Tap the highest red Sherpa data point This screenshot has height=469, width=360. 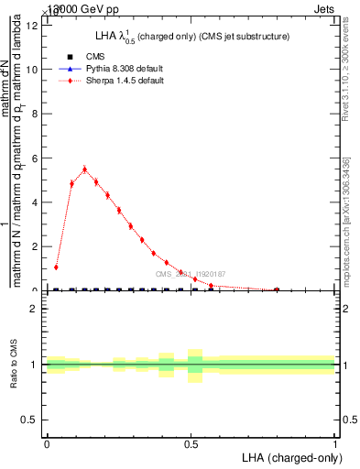coord(84,169)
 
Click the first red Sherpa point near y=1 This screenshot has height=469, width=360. coord(56,267)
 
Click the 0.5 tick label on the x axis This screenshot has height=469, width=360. coord(191,443)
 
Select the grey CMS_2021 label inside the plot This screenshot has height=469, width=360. coord(190,274)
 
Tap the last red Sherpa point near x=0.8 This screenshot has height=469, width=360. coord(277,289)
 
